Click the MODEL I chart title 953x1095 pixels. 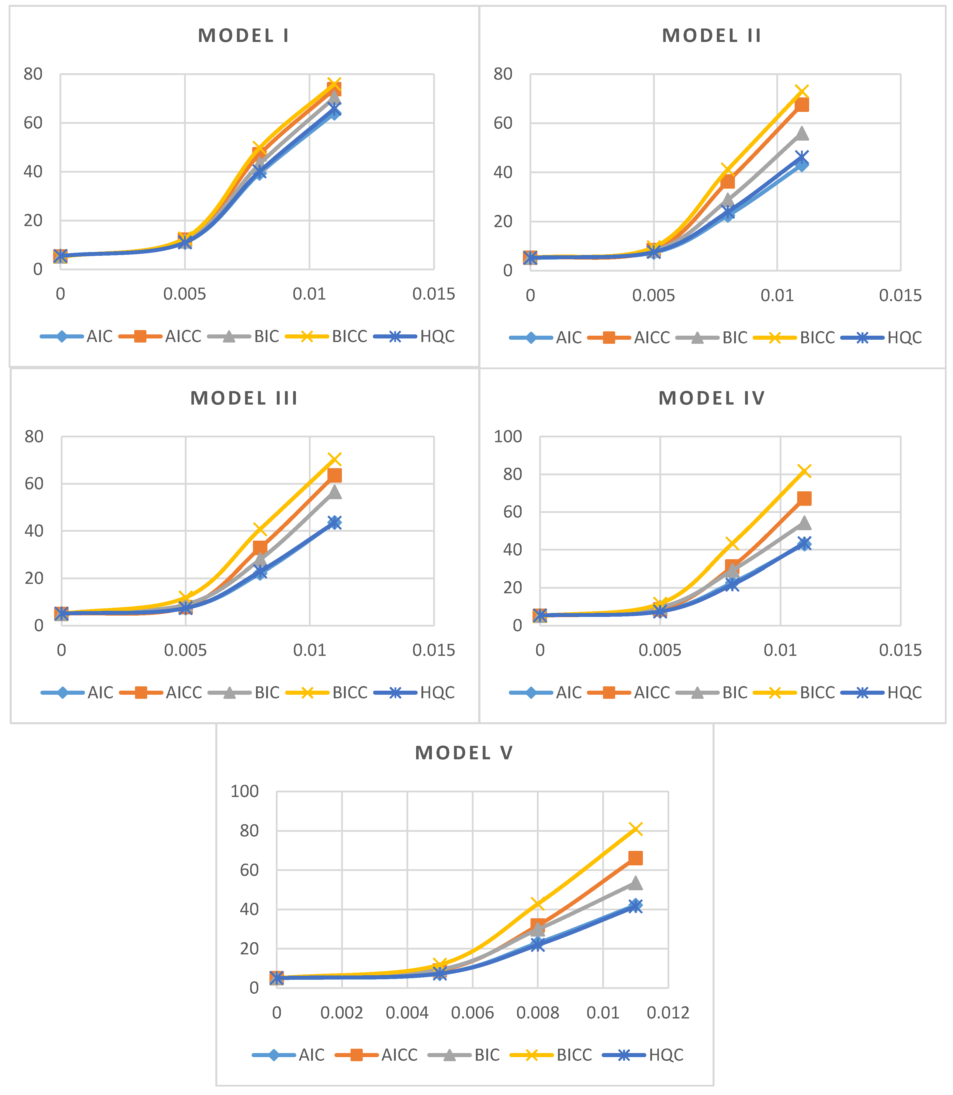click(244, 36)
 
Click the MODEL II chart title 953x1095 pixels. click(712, 36)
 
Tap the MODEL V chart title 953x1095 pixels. click(464, 753)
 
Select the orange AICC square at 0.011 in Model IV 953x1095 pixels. click(804, 499)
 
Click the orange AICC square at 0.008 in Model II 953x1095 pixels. click(728, 182)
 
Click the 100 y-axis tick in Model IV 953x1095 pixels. click(508, 437)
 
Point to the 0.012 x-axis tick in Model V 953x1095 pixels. click(668, 1013)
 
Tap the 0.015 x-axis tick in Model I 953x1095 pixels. click(433, 294)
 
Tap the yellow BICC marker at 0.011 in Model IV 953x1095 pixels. click(804, 471)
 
